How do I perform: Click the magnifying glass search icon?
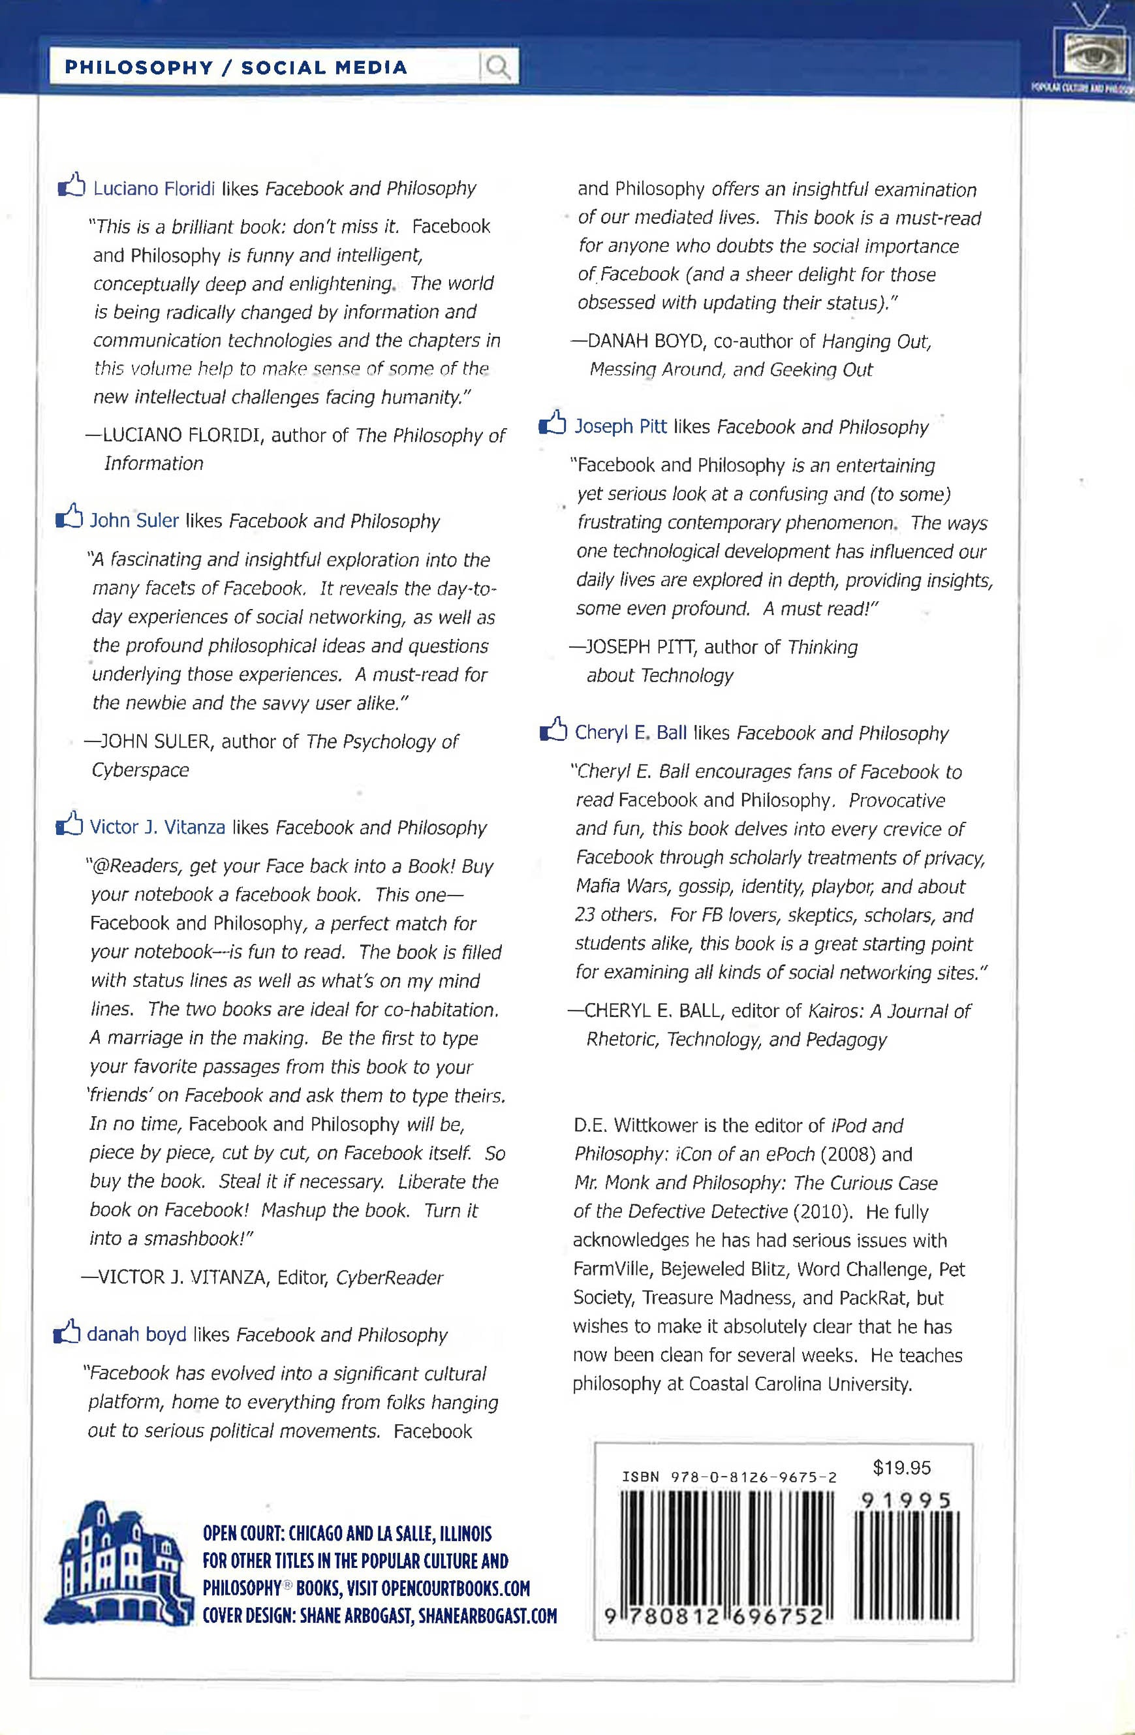tap(498, 68)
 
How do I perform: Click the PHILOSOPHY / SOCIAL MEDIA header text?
tap(236, 68)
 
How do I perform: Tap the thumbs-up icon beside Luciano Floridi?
tap(71, 185)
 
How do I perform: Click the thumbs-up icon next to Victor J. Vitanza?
tap(69, 825)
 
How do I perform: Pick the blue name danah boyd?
tap(136, 1334)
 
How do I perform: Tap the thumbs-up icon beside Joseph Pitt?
tap(553, 424)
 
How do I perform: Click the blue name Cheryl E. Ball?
tap(630, 732)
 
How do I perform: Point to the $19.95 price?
tap(902, 1467)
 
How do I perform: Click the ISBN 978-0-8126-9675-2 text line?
tap(729, 1478)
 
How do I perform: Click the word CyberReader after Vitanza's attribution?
tap(389, 1277)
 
